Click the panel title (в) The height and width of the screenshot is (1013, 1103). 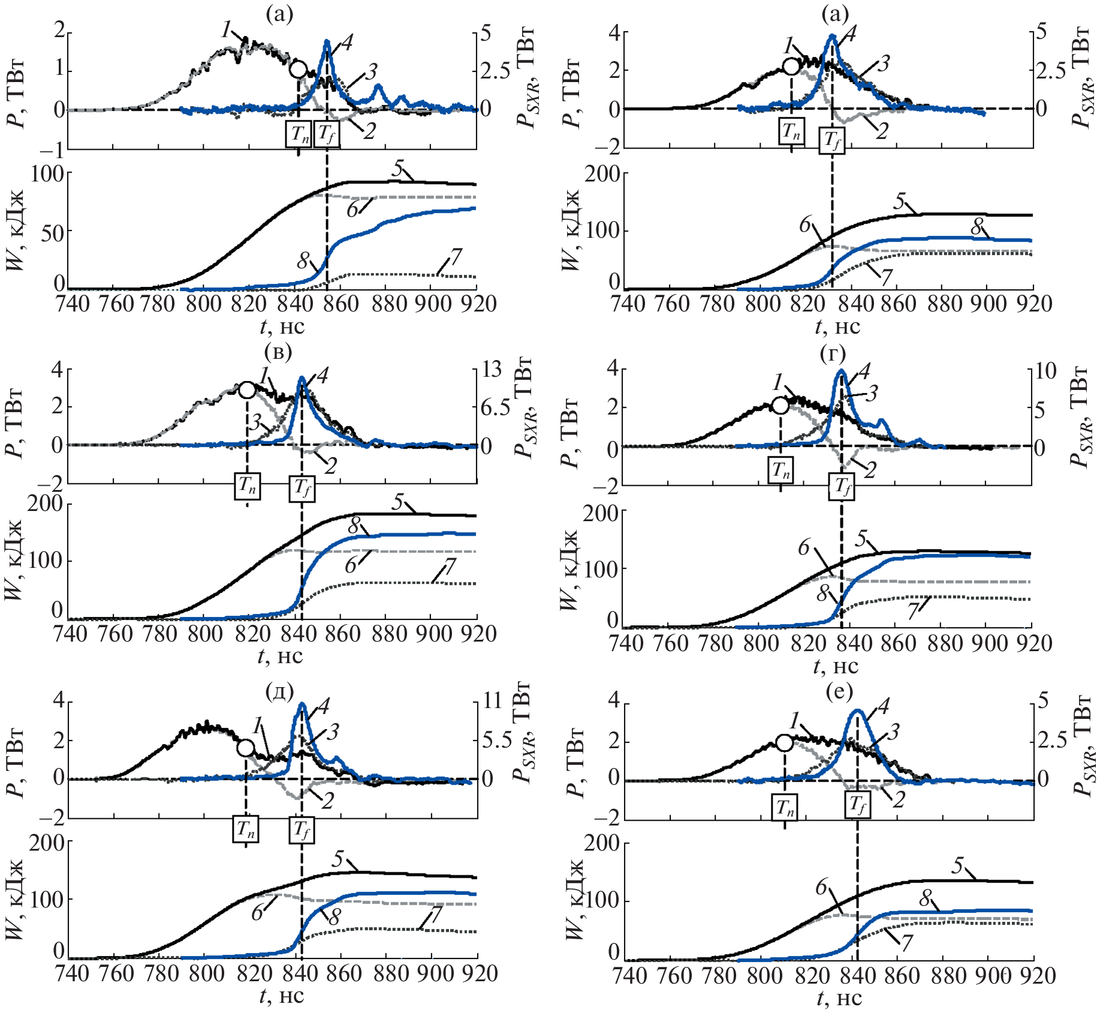click(279, 352)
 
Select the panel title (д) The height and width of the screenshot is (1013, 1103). click(279, 692)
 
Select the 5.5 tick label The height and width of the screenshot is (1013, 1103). click(495, 740)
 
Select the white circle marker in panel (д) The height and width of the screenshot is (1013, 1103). click(245, 748)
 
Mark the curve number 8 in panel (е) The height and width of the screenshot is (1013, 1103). click(926, 898)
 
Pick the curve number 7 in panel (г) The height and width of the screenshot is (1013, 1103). click(914, 611)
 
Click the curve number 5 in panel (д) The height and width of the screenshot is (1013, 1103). click(338, 860)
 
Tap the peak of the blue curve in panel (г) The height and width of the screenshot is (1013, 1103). click(840, 371)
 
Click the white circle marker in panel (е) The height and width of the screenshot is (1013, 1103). click(784, 743)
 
